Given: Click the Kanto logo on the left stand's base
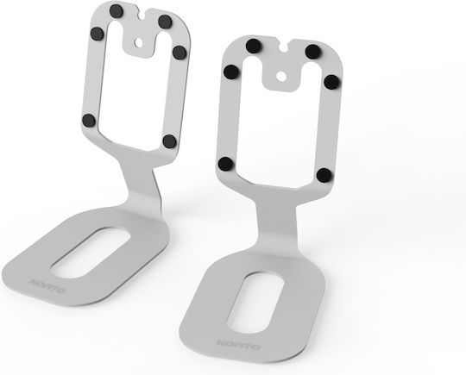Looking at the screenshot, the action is coord(47,285).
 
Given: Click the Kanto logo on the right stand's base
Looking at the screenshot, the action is coord(239,344).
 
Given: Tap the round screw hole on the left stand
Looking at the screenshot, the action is coord(138,42).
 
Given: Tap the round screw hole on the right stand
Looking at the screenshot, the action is coord(281,77).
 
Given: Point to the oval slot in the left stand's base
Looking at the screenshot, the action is coord(91,253).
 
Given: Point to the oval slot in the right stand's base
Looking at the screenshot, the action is coord(255,303).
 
